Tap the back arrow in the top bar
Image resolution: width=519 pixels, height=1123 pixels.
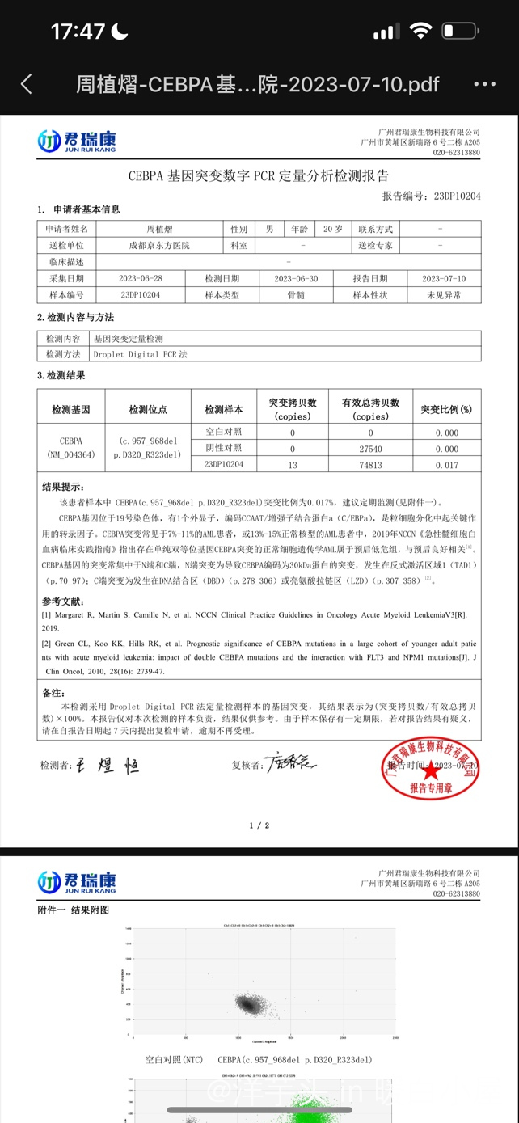(x=27, y=84)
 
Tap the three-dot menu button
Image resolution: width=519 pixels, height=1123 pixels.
(x=484, y=84)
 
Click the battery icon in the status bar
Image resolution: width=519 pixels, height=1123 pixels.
(x=459, y=32)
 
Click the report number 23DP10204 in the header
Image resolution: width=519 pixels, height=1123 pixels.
(x=457, y=196)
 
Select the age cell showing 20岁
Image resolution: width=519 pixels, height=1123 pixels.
(x=333, y=229)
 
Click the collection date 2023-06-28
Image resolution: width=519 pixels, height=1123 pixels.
(x=141, y=278)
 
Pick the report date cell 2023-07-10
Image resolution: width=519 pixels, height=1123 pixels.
(x=444, y=278)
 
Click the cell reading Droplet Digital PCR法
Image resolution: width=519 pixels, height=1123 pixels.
(x=140, y=354)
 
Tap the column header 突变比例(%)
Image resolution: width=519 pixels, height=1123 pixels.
(x=446, y=409)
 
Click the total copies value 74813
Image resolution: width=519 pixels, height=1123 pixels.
(x=370, y=465)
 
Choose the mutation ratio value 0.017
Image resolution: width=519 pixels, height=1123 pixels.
(x=446, y=465)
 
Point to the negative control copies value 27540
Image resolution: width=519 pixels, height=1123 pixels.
(x=370, y=449)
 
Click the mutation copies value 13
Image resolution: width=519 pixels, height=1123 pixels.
(x=293, y=465)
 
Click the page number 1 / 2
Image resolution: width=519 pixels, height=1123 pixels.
(x=259, y=825)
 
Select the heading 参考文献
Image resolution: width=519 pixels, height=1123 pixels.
(x=62, y=601)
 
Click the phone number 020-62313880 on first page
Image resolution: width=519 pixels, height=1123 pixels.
(x=456, y=152)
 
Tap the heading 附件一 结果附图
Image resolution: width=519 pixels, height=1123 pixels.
(x=73, y=910)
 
